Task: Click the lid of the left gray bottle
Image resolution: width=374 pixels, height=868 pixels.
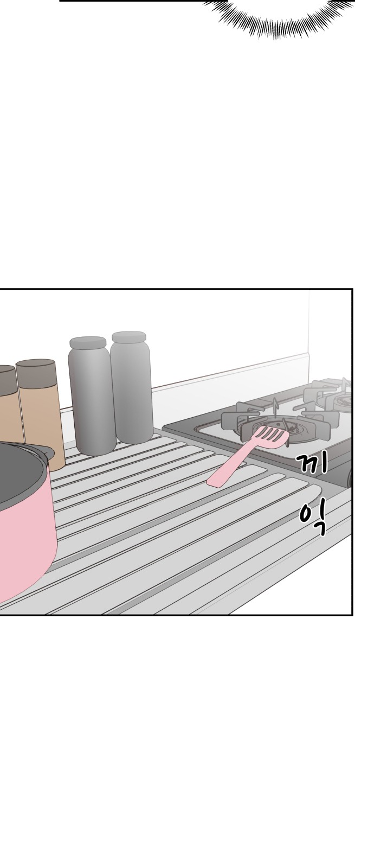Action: pos(88,342)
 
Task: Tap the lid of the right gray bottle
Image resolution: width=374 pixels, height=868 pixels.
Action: pos(129,337)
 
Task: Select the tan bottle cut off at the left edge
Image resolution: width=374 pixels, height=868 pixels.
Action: pos(9,403)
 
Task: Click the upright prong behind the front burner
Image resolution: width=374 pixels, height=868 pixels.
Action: pos(276,407)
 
